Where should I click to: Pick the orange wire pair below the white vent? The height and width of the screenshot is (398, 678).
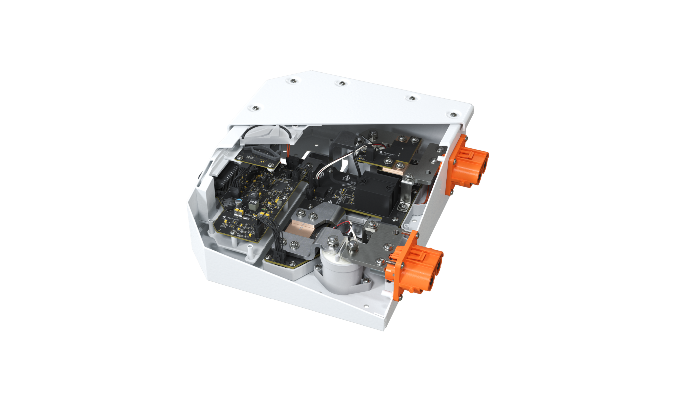[288, 151]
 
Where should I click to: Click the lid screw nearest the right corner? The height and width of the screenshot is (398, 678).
[453, 115]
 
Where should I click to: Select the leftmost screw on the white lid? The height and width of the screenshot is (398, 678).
[255, 108]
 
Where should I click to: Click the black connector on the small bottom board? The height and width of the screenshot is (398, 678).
[278, 255]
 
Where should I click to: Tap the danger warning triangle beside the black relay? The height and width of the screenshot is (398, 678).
[346, 178]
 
